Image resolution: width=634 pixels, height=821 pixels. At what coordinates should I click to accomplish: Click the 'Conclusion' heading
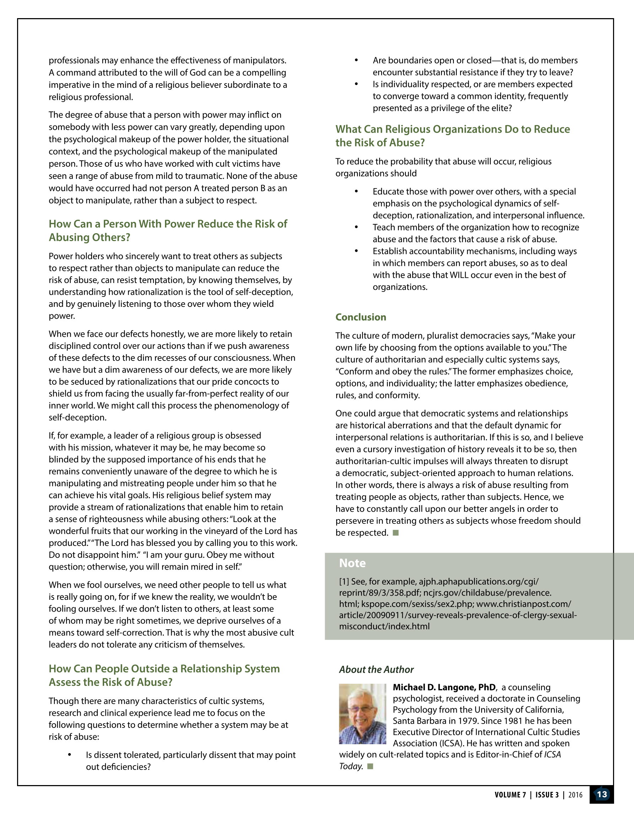pyautogui.click(x=360, y=317)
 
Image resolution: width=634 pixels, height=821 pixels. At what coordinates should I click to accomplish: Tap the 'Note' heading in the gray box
pyautogui.click(x=352, y=563)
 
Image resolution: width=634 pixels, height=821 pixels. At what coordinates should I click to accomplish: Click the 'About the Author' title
pyautogui.click(x=376, y=669)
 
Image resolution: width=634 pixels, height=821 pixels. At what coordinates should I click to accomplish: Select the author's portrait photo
pyautogui.click(x=362, y=714)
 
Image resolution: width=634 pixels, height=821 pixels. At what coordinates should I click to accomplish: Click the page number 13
pyautogui.click(x=602, y=794)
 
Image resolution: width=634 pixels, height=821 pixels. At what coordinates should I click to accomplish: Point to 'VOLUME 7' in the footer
pyautogui.click(x=510, y=795)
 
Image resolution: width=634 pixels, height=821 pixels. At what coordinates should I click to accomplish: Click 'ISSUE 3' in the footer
pyautogui.click(x=547, y=795)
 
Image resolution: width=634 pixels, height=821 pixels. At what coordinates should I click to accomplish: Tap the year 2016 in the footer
pyautogui.click(x=575, y=795)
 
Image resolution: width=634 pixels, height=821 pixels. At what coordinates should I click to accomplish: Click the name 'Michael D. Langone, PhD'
pyautogui.click(x=444, y=687)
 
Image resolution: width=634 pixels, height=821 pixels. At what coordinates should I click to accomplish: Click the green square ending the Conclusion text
pyautogui.click(x=395, y=533)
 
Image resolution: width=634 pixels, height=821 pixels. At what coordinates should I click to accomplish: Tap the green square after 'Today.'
pyautogui.click(x=370, y=766)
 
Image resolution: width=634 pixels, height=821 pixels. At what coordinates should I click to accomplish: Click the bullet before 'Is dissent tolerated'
pyautogui.click(x=70, y=755)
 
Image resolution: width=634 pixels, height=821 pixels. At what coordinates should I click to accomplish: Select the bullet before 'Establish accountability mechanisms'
pyautogui.click(x=356, y=251)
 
